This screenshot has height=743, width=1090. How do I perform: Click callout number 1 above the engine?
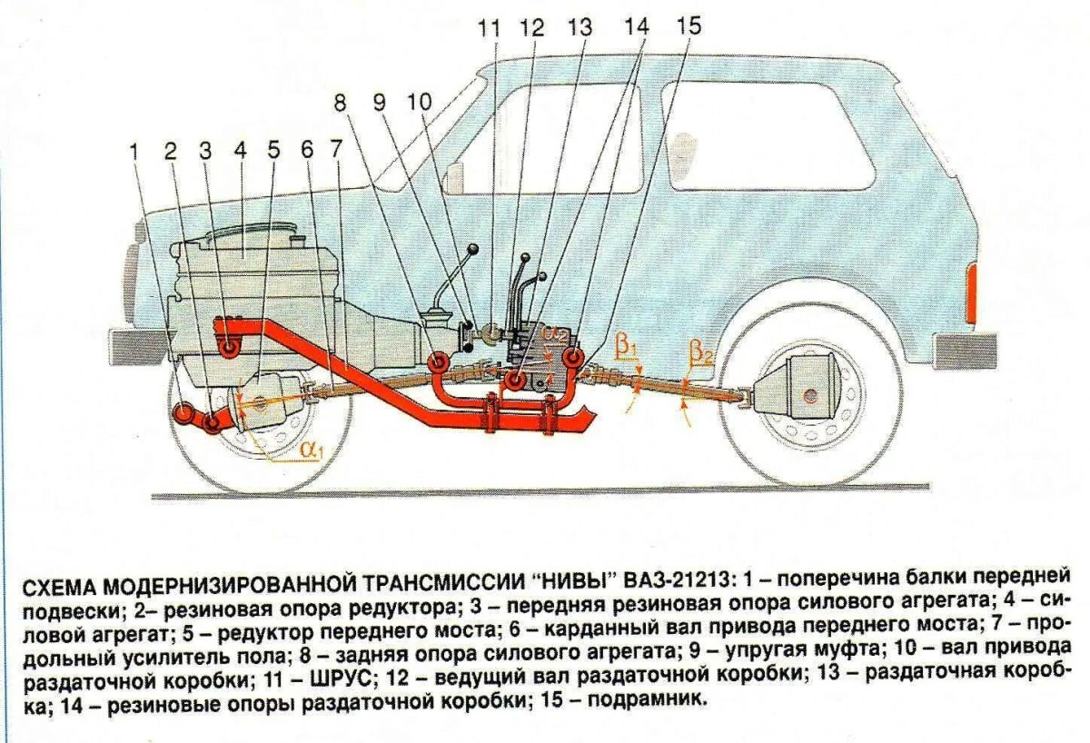coord(135,152)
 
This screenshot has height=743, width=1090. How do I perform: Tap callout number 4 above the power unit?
coord(240,152)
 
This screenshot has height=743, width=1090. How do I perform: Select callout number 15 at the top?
coord(689,26)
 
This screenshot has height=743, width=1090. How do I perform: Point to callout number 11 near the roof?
coord(490,28)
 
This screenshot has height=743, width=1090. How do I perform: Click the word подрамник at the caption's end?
coord(650,701)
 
